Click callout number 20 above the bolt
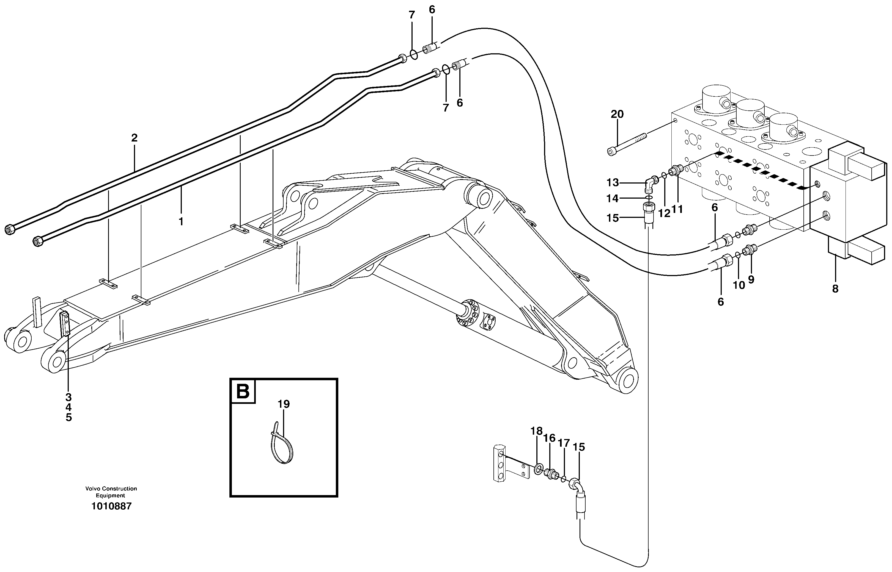[617, 114]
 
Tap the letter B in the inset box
[243, 391]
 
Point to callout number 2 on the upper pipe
[134, 138]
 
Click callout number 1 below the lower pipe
[181, 222]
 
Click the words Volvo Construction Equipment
[111, 492]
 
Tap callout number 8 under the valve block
[835, 288]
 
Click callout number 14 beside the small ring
[612, 199]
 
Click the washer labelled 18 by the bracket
[538, 469]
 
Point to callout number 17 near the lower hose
[564, 443]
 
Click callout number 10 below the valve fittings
[739, 285]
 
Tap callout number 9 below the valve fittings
[751, 279]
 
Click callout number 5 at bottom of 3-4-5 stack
[68, 418]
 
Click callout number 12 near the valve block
[664, 213]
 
